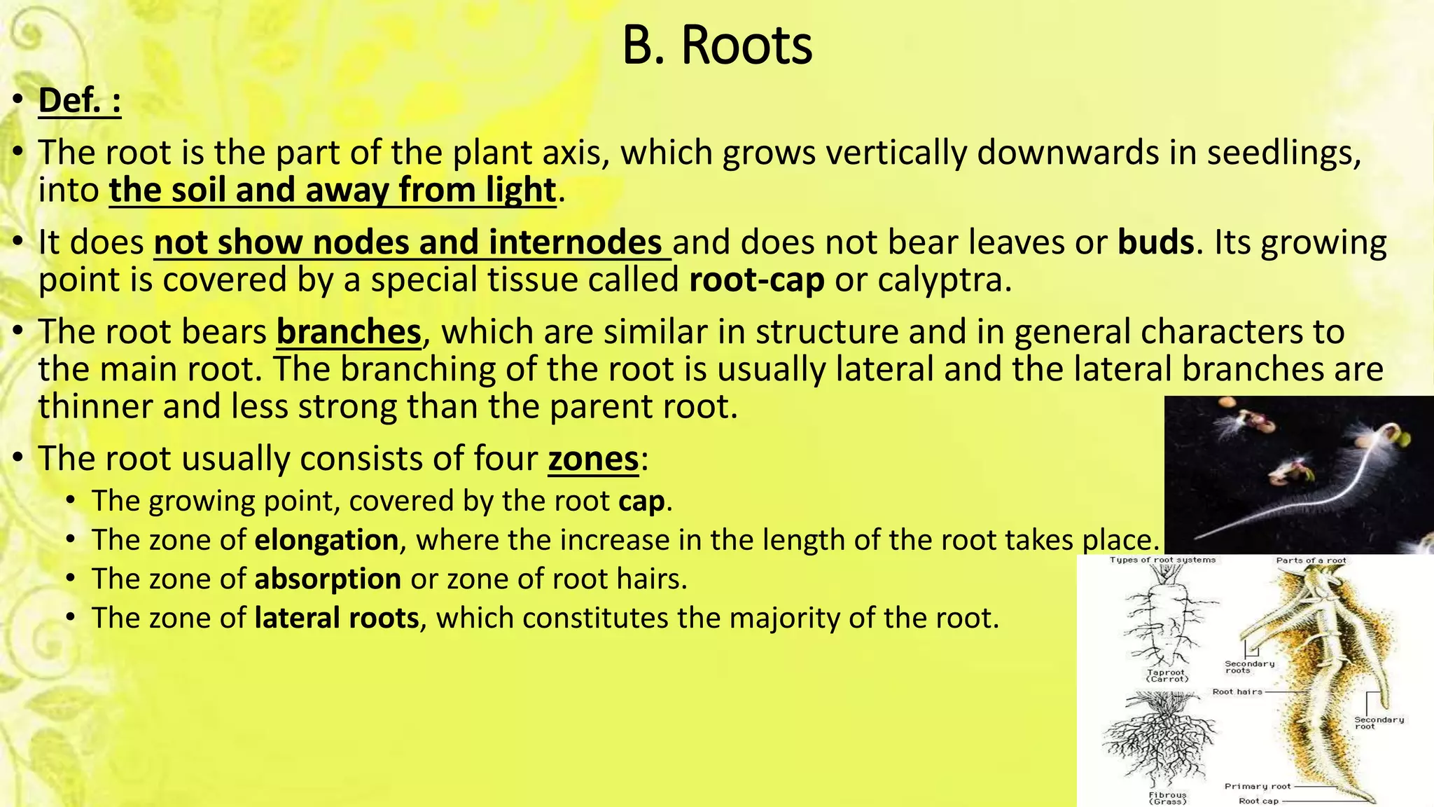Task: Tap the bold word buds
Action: click(x=1155, y=242)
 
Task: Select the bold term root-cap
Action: click(x=756, y=280)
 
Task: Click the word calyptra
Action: click(x=944, y=280)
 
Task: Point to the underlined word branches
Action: click(x=349, y=332)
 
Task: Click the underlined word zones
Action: click(x=593, y=460)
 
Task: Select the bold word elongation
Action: click(x=326, y=540)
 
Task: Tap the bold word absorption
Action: click(x=327, y=579)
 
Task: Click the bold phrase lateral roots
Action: click(x=336, y=619)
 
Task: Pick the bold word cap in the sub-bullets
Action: click(x=641, y=502)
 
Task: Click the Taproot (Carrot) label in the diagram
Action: click(x=1167, y=675)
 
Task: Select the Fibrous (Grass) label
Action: click(x=1167, y=798)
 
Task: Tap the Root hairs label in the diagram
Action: click(x=1237, y=691)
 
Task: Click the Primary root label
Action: click(x=1257, y=786)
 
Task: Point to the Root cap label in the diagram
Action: click(x=1258, y=801)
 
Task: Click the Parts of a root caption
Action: click(x=1311, y=560)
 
